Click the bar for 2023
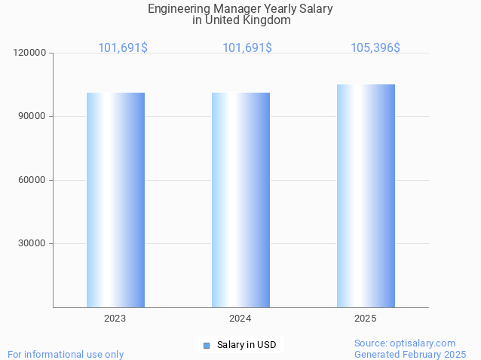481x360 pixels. point(115,200)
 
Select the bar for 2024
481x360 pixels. point(240,200)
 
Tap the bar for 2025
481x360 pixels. point(366,196)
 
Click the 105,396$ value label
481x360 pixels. point(375,47)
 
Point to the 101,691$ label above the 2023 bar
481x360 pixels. point(123,47)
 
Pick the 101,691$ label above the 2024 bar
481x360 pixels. point(247,47)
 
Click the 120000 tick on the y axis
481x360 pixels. point(30,53)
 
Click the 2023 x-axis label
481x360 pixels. point(115,319)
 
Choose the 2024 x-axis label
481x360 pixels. point(240,319)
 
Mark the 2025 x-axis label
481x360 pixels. point(365,319)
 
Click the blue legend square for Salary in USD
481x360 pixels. point(207,345)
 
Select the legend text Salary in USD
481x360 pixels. point(247,345)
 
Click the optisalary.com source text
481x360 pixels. point(405,343)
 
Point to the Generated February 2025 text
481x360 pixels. point(410,354)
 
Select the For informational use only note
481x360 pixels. point(66,354)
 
